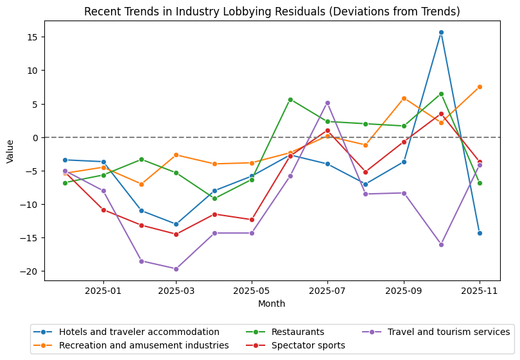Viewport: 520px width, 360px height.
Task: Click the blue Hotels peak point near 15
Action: click(441, 32)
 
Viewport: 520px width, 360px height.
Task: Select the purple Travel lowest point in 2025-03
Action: click(176, 269)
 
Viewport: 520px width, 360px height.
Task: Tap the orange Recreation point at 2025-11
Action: click(480, 87)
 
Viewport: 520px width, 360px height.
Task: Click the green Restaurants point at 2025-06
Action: click(290, 99)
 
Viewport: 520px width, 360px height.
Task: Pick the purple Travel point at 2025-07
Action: click(327, 103)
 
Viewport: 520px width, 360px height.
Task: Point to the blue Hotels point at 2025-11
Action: click(480, 233)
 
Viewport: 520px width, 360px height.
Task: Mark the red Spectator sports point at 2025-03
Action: click(176, 234)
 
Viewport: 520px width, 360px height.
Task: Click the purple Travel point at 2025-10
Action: click(441, 244)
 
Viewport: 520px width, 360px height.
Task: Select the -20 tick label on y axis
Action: click(31, 271)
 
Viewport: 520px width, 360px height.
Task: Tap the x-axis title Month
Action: click(272, 304)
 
